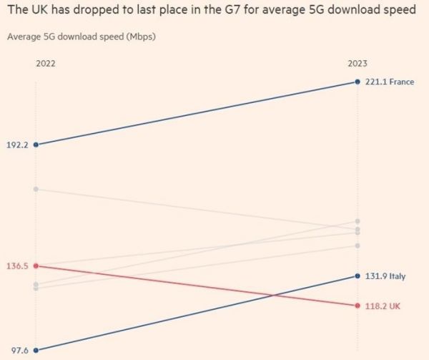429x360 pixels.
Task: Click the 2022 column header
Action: [x=46, y=64]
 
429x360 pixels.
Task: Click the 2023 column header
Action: [x=357, y=64]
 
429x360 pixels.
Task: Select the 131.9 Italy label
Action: [x=385, y=276]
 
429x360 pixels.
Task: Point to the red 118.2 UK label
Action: [x=383, y=306]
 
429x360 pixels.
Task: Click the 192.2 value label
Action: [x=17, y=145]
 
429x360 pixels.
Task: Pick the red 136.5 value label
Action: [x=17, y=266]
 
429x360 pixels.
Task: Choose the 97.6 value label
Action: [x=19, y=350]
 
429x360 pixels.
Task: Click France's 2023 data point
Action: [x=357, y=82]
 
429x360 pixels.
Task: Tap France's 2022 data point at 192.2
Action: [x=36, y=145]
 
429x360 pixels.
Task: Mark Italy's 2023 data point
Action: [x=357, y=276]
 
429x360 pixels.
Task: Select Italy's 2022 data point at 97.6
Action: [x=36, y=350]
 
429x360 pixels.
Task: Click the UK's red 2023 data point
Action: [x=357, y=306]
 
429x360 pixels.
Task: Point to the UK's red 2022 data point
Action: [x=36, y=266]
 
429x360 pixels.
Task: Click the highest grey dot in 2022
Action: [x=36, y=189]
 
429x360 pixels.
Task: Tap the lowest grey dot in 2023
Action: [x=357, y=245]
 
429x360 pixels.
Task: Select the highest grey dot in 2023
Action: [x=357, y=221]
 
